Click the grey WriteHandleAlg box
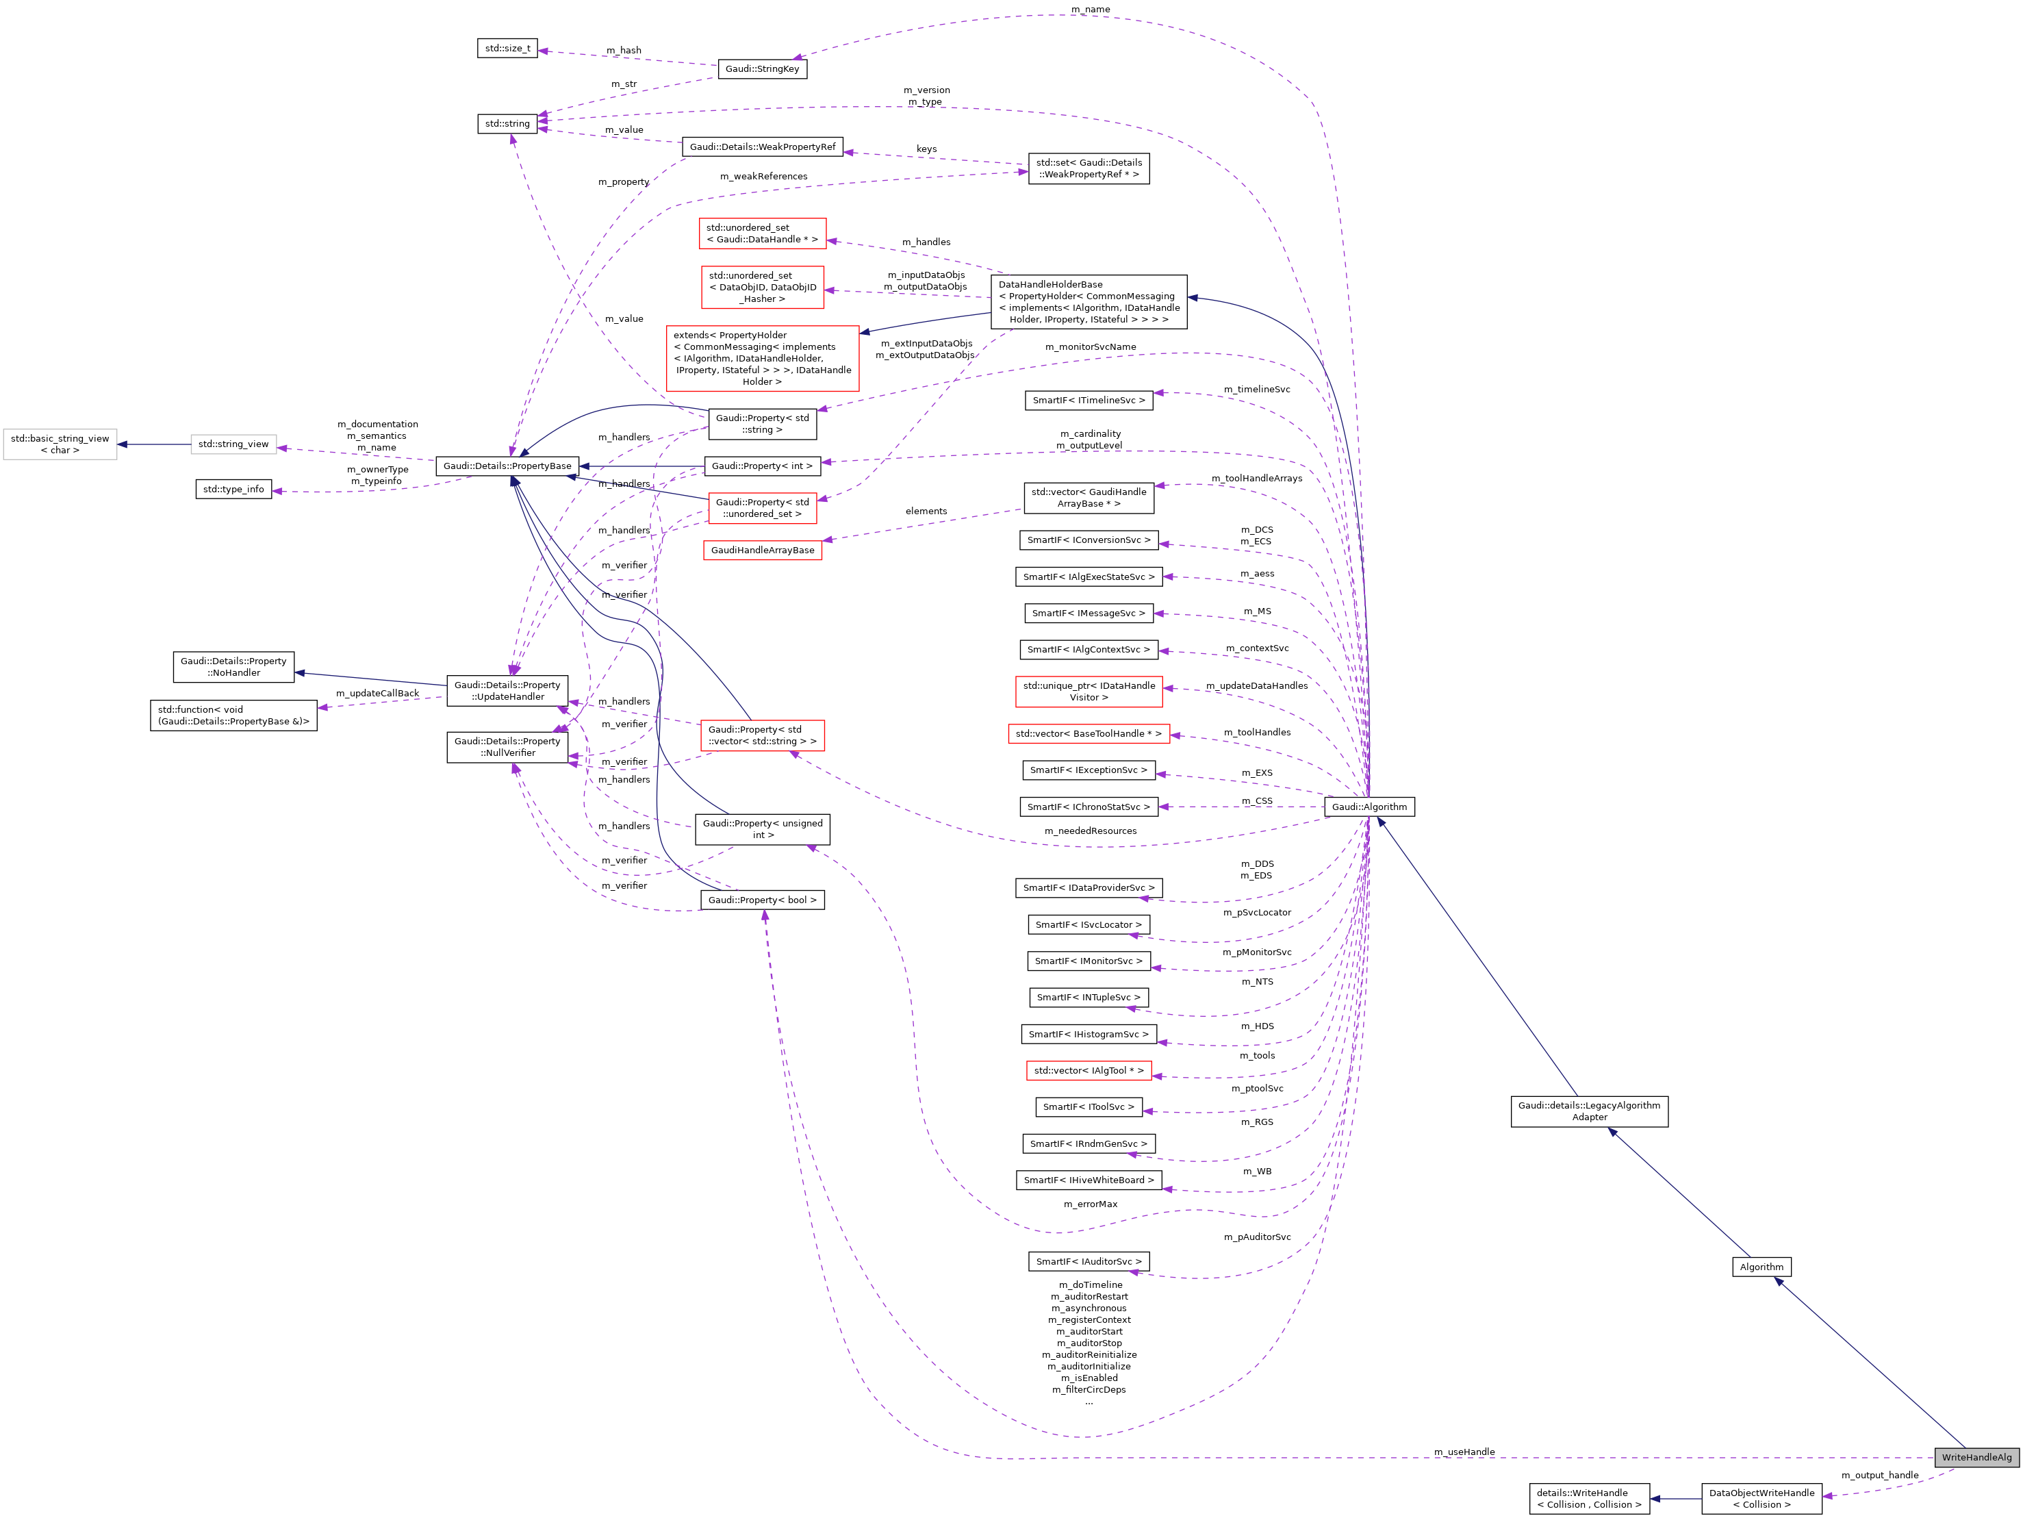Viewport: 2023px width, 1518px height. pos(1976,1457)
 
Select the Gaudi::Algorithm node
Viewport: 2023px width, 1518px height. pos(1369,807)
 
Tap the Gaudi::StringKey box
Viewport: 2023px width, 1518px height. pos(762,68)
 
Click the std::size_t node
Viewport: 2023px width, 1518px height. pos(507,49)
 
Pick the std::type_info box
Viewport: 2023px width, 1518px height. pos(233,490)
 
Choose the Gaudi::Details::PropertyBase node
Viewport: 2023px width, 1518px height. pos(507,466)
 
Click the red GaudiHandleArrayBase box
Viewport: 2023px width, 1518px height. pos(762,551)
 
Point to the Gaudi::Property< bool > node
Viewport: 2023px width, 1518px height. pos(762,900)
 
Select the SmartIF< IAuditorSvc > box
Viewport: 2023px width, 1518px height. pos(1089,1261)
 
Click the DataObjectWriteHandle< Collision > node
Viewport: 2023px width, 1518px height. pos(1761,1498)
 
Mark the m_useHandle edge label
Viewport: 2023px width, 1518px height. pos(1464,1452)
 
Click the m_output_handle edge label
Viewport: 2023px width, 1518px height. pos(1879,1475)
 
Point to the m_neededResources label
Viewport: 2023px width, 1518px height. pos(1090,831)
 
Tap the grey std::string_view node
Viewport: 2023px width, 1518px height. pos(233,444)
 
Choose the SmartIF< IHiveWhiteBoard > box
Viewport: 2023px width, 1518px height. pos(1089,1180)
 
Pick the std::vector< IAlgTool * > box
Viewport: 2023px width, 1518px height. pos(1089,1070)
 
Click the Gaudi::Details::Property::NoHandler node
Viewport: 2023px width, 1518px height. pos(233,667)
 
